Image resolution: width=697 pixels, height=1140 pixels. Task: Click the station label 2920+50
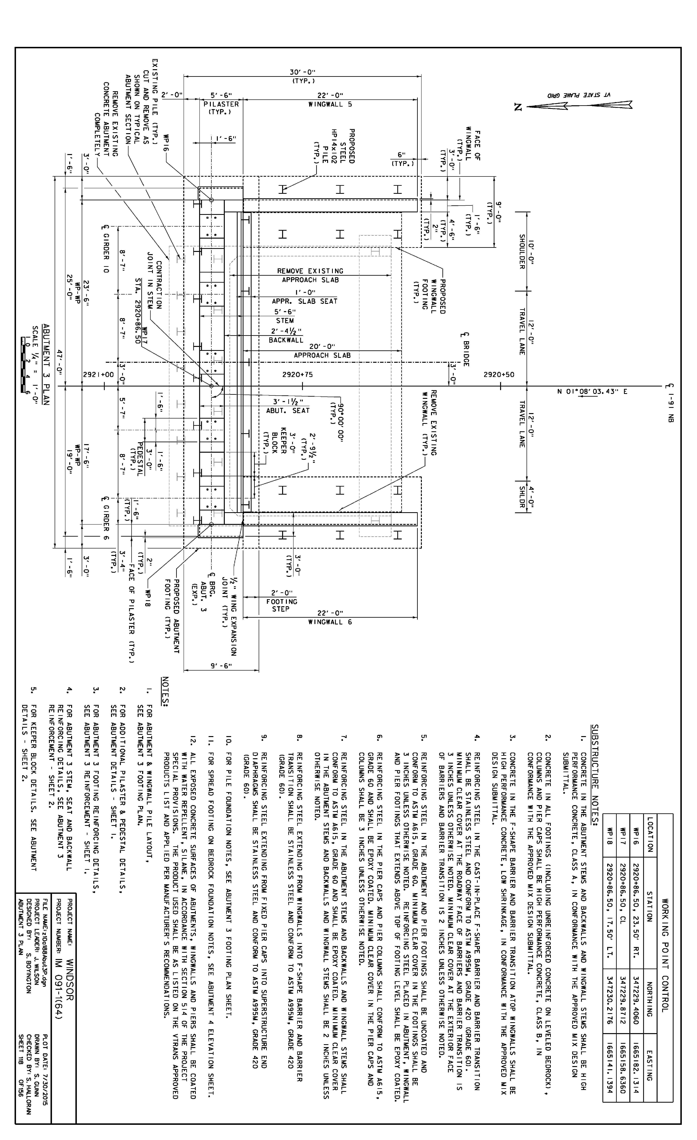[x=499, y=375]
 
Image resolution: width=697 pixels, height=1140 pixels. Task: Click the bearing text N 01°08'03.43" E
[x=592, y=391]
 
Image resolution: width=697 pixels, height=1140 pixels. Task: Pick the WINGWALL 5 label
[x=330, y=104]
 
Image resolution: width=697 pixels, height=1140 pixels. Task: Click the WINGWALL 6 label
[x=330, y=622]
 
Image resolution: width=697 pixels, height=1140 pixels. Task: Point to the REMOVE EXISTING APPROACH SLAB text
[x=310, y=275]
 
